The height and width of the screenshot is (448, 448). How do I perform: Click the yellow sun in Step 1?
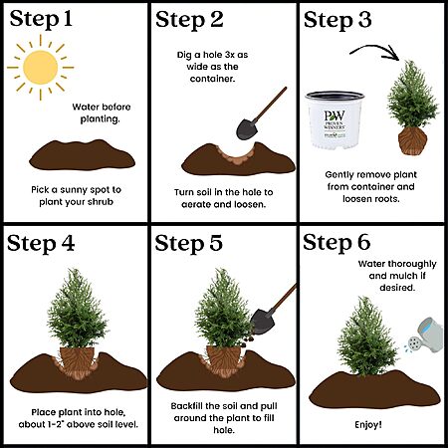(41, 68)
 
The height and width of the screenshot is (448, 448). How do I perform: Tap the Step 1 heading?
(41, 20)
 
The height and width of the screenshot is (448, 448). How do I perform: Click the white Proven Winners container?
(335, 120)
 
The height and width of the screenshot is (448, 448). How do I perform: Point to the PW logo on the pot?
(335, 116)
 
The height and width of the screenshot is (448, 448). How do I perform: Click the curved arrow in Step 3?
(375, 52)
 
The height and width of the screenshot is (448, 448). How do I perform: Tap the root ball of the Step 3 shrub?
(412, 141)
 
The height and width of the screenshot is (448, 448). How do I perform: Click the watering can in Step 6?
(425, 336)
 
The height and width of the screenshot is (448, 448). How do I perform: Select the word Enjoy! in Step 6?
(368, 425)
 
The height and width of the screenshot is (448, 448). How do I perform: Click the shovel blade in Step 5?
(263, 321)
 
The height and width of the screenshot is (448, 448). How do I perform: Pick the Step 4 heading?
(41, 244)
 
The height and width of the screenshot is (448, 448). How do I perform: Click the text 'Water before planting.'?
(102, 112)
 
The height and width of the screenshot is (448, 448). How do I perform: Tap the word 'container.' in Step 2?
(212, 79)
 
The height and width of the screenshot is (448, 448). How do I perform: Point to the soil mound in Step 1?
(82, 155)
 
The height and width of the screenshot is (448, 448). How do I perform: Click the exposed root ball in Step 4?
(77, 362)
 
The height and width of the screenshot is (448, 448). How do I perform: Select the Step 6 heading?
(336, 243)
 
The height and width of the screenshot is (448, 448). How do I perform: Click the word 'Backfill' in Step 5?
(187, 406)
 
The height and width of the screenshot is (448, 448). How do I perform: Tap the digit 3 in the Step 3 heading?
(364, 20)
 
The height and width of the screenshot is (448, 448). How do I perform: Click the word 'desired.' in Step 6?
(397, 288)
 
